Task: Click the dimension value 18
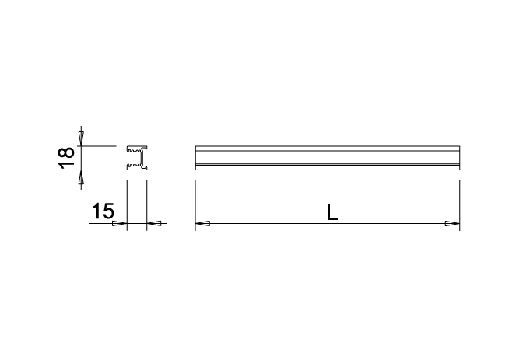(x=66, y=158)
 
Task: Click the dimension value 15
(x=103, y=211)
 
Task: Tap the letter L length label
(x=332, y=212)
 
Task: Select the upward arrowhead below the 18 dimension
(x=81, y=177)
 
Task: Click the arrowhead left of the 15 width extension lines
(x=120, y=223)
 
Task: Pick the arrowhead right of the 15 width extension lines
(x=154, y=223)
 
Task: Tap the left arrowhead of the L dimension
(x=202, y=223)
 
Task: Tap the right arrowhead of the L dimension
(x=452, y=223)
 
